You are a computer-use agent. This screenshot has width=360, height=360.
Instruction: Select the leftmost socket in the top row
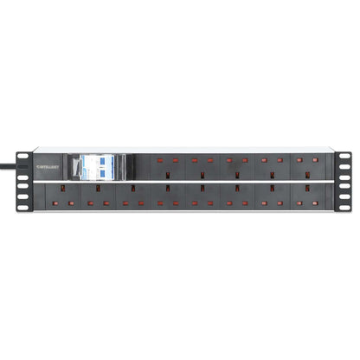(166, 164)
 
